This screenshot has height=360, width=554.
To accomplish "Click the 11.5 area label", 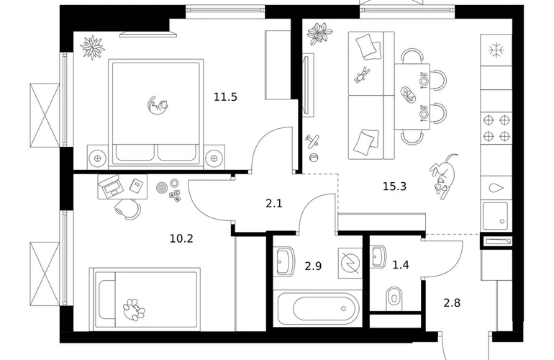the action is click(x=225, y=97).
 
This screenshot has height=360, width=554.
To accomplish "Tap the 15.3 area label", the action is click(x=395, y=186).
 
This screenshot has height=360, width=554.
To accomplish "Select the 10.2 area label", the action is click(x=181, y=239).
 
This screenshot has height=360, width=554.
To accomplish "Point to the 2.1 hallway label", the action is click(x=274, y=204).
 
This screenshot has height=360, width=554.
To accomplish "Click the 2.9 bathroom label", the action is click(x=313, y=266).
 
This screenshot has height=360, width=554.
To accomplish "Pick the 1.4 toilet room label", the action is click(x=401, y=264).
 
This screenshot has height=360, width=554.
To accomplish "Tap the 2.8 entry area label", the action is click(x=452, y=303).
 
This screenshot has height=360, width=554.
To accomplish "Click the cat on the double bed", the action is click(x=158, y=105).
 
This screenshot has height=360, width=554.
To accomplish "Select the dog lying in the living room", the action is click(x=444, y=176).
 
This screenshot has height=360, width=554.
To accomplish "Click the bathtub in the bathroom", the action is click(x=318, y=309).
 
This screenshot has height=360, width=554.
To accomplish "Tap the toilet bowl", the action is click(x=394, y=296).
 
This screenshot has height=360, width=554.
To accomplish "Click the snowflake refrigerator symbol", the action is click(x=496, y=50).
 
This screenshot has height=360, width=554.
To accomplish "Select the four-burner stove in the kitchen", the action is click(x=496, y=128).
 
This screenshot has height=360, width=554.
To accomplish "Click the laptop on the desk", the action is click(x=111, y=186).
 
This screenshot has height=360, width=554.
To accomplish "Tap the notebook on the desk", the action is click(x=136, y=185).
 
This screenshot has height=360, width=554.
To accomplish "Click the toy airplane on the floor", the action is click(x=312, y=141).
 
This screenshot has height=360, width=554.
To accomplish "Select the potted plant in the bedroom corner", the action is click(x=93, y=47).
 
